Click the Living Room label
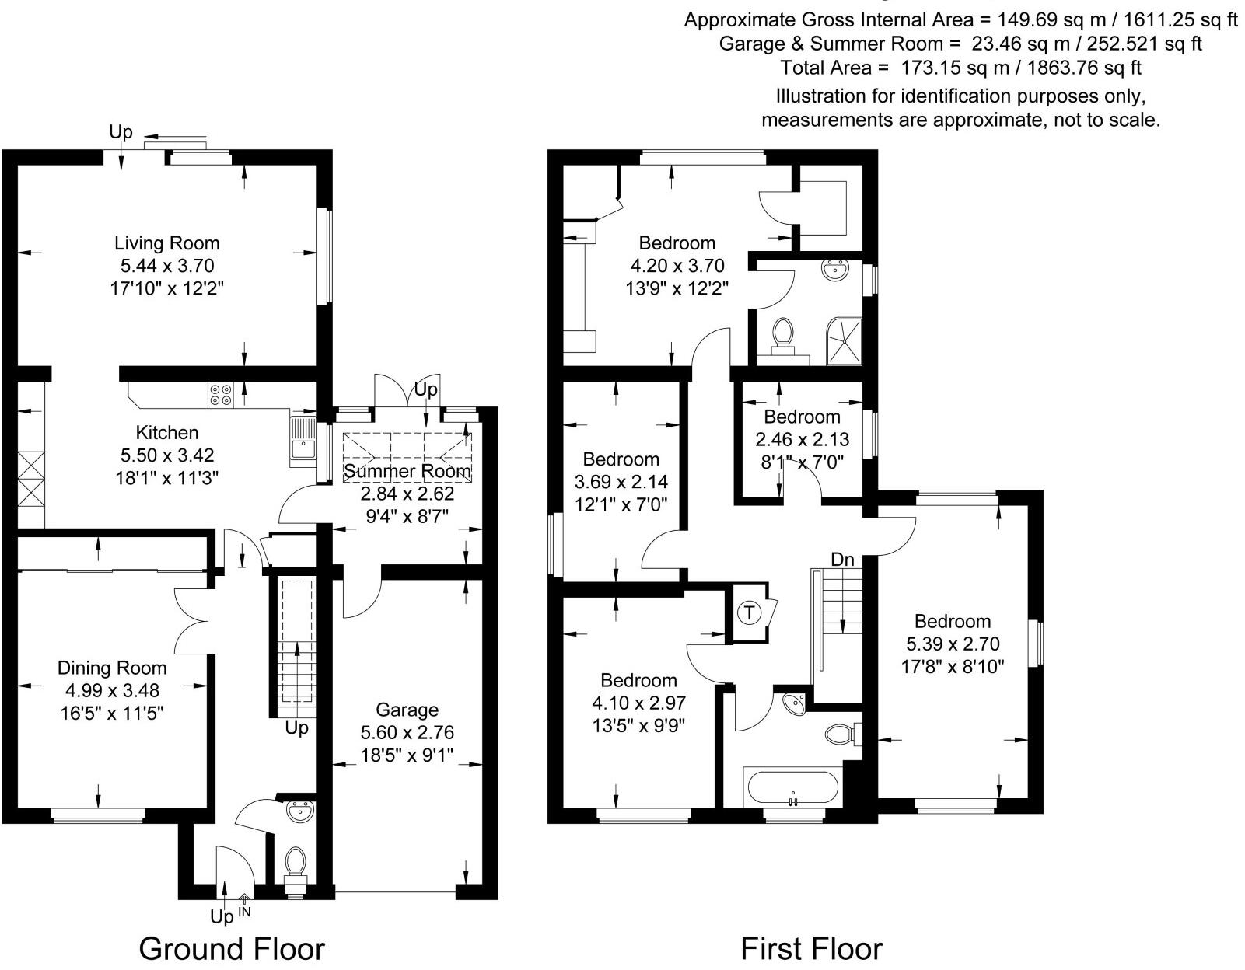click(x=167, y=243)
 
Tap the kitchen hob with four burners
click(x=220, y=395)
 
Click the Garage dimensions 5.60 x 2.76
click(x=407, y=732)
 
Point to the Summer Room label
click(x=407, y=471)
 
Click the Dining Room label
click(x=112, y=668)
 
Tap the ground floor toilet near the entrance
click(x=295, y=864)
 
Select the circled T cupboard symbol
click(x=749, y=612)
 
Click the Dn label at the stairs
click(x=842, y=559)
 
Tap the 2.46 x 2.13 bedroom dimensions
click(x=803, y=439)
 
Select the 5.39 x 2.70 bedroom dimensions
click(x=953, y=644)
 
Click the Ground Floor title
click(x=232, y=948)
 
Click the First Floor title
click(x=811, y=948)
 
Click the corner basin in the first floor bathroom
click(x=793, y=703)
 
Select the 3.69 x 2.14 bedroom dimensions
click(x=621, y=482)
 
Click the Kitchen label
click(x=167, y=432)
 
